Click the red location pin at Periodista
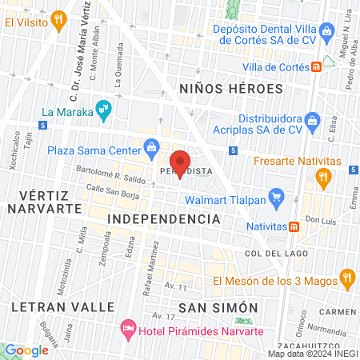pyautogui.click(x=180, y=162)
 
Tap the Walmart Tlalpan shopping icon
pyautogui.click(x=276, y=195)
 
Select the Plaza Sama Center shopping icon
pyautogui.click(x=151, y=147)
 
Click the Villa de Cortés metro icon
pyautogui.click(x=317, y=66)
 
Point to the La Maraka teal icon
pyautogui.click(x=102, y=108)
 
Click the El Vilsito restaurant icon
pyautogui.click(x=58, y=18)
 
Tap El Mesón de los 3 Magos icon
pyautogui.click(x=346, y=279)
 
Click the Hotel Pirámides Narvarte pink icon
pyautogui.click(x=127, y=328)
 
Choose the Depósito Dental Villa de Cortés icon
pyautogui.click(x=326, y=33)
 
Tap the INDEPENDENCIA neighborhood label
pyautogui.click(x=163, y=218)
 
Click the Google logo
pyautogui.click(x=26, y=350)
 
